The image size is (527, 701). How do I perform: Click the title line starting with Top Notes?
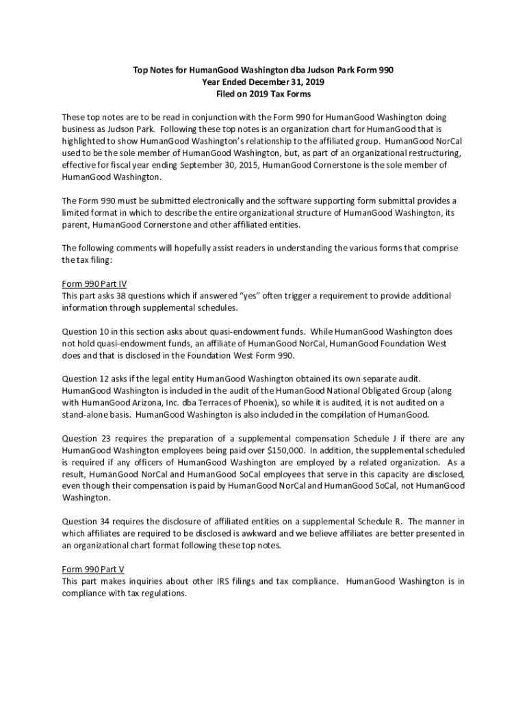[263, 70]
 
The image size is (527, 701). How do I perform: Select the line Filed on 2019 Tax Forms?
[263, 93]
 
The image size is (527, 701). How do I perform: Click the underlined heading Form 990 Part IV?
[94, 283]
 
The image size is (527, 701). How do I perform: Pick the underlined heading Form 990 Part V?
[93, 570]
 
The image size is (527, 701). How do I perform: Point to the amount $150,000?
[280, 451]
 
